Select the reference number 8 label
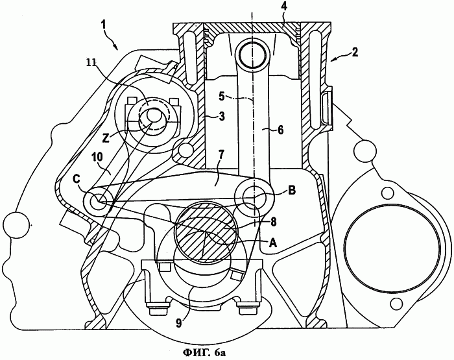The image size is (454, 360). coord(273,221)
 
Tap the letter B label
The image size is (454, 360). coord(292,191)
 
